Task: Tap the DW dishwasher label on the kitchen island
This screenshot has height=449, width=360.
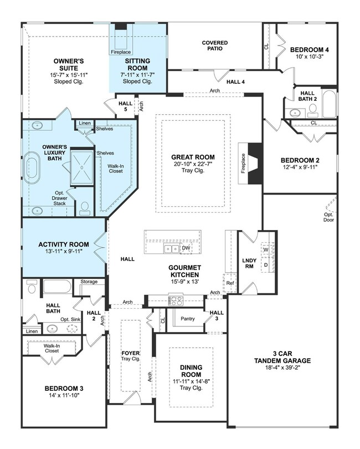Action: (x=186, y=248)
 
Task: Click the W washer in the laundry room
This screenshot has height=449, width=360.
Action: (x=265, y=249)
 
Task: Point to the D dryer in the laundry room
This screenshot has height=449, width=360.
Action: (x=265, y=264)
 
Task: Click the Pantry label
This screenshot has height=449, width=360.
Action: (x=188, y=319)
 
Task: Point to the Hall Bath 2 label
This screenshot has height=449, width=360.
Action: (x=308, y=96)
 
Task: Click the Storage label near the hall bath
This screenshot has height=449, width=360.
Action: (x=89, y=282)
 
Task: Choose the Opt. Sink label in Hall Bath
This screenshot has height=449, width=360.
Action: (x=71, y=319)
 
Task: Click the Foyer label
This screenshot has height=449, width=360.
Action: (x=131, y=353)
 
